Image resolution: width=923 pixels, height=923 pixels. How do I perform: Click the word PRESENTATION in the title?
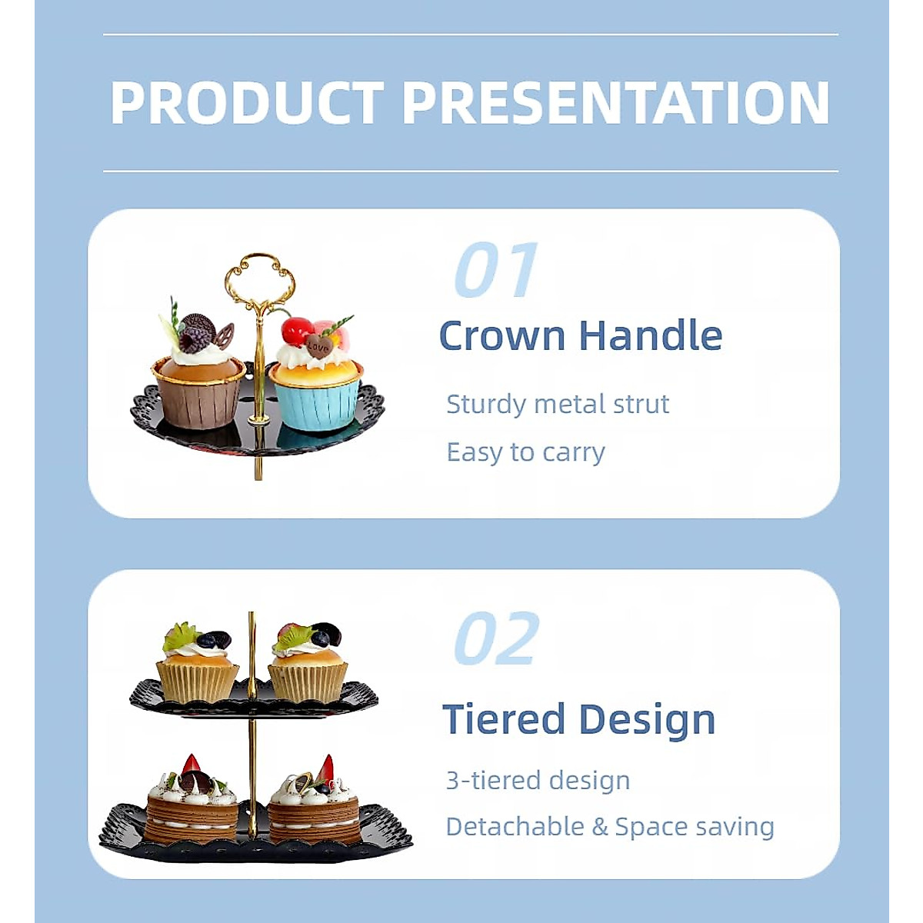615,103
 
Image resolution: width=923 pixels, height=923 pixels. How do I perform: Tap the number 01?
495,270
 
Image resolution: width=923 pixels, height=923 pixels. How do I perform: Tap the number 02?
495,639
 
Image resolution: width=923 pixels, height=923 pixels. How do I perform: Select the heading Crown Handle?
580,336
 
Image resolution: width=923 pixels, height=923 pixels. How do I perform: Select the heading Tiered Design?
578,720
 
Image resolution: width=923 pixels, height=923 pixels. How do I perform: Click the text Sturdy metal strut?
558,405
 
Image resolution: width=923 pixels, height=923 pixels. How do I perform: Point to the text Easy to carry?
525,452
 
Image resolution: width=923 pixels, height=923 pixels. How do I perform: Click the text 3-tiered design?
538,781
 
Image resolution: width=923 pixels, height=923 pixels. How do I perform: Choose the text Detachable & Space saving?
610,827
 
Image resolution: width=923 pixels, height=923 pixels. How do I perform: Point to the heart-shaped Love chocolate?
318,347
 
